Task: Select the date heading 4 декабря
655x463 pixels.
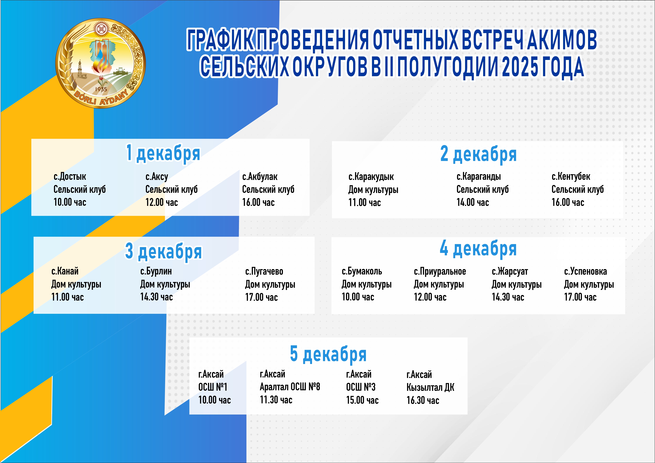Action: coord(478,249)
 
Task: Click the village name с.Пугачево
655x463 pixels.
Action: coord(264,271)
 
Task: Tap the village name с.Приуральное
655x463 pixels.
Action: coord(440,271)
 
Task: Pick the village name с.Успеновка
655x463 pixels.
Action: coord(585,271)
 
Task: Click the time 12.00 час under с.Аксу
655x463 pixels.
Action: coord(161,202)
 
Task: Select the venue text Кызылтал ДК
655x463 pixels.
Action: coord(430,387)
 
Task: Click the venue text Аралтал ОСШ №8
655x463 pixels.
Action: coord(290,387)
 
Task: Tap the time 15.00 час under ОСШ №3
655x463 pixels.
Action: coord(362,400)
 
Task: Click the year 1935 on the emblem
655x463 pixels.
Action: coord(101,89)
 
